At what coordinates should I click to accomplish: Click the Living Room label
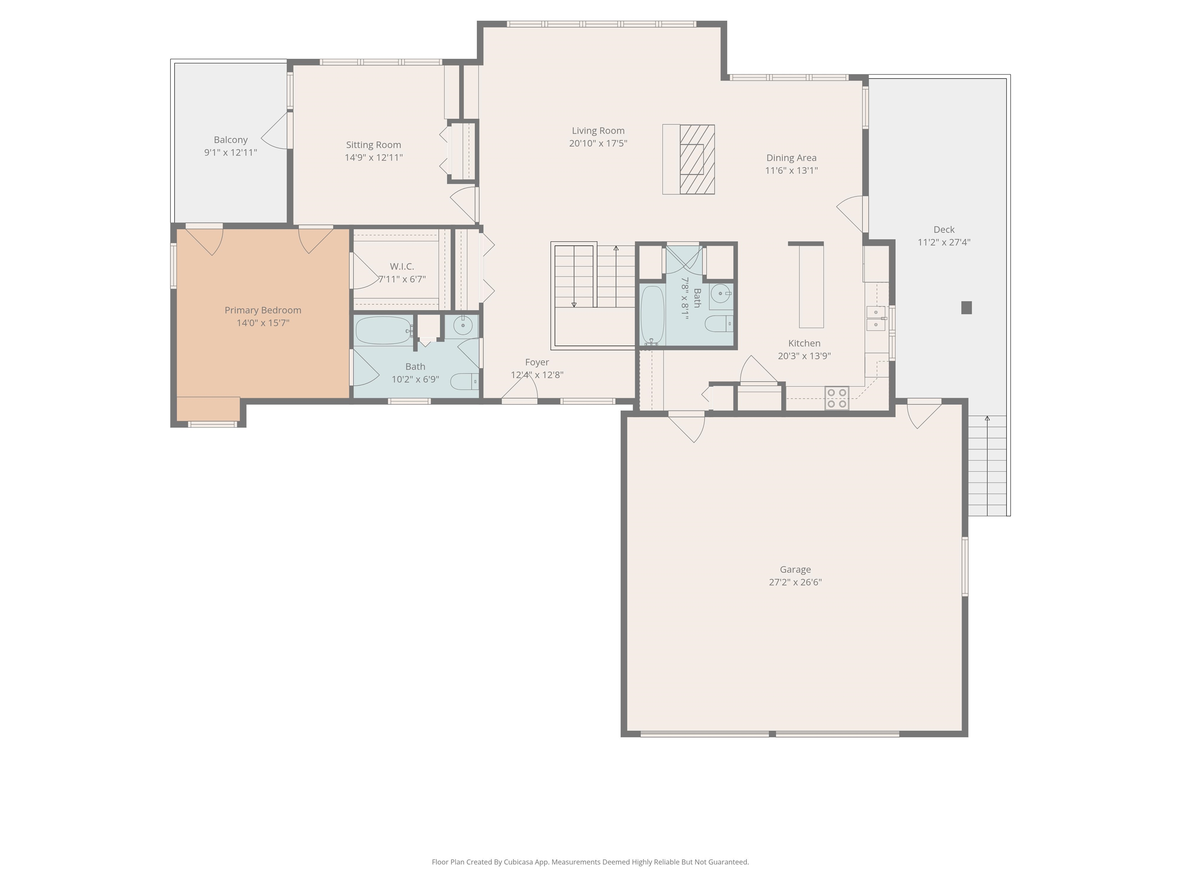click(597, 131)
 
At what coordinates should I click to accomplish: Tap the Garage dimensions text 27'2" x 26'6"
click(795, 582)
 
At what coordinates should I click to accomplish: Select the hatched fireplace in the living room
click(697, 159)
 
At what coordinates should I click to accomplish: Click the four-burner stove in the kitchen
click(836, 398)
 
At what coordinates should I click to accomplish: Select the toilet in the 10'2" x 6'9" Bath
click(463, 381)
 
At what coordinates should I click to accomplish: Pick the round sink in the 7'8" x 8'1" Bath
click(721, 294)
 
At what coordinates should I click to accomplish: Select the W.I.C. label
click(401, 266)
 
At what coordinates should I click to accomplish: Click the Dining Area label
click(791, 158)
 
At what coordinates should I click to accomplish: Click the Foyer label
click(537, 362)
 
